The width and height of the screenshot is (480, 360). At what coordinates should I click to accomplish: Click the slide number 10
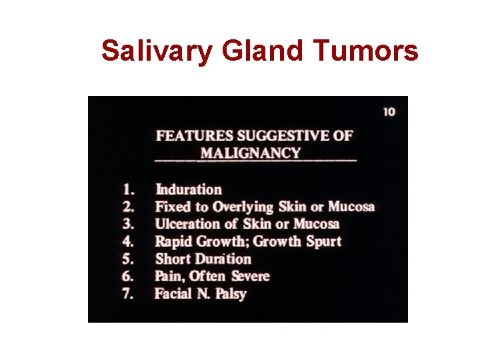pos(389,111)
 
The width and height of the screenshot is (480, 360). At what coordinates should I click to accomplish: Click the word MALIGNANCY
pos(251,153)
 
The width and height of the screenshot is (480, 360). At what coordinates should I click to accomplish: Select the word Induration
pos(189,189)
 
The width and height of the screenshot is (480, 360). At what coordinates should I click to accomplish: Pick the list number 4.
pos(128,241)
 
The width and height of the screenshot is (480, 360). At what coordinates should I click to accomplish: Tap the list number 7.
pos(128,293)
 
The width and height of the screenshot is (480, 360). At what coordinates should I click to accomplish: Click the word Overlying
pos(243,207)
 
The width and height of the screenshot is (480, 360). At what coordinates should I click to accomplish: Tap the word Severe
pos(250,276)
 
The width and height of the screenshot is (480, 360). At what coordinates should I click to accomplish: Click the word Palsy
pos(231,294)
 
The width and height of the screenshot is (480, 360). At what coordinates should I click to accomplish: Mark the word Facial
pos(173,293)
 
